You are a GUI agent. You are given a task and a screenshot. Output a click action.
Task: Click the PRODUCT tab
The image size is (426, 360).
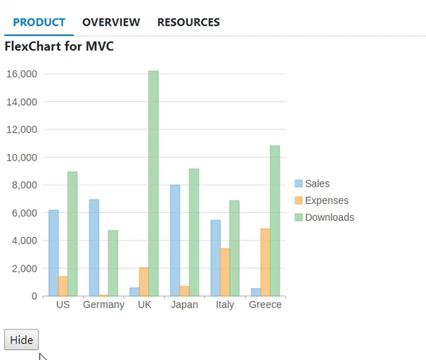tap(39, 23)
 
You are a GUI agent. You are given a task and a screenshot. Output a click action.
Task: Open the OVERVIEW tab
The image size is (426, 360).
tap(111, 23)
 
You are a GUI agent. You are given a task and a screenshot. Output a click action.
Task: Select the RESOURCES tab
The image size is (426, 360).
tap(188, 23)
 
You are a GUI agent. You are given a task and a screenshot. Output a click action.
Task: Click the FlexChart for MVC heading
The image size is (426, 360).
tap(59, 47)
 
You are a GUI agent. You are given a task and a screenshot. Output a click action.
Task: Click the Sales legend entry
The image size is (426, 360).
tap(317, 184)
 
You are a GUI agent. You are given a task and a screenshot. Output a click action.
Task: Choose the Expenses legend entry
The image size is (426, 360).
tap(326, 201)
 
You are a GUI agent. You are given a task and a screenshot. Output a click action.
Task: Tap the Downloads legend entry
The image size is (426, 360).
tap(329, 217)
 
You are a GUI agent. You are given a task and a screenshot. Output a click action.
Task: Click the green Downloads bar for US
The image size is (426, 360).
tap(72, 234)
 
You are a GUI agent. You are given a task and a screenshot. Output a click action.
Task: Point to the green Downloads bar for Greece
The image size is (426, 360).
tap(275, 221)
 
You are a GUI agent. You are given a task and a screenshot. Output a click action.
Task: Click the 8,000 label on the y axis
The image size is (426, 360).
tap(23, 185)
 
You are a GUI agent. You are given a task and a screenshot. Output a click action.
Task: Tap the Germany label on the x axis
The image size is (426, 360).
tap(104, 305)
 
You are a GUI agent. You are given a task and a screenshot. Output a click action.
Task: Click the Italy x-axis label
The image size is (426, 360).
tap(225, 305)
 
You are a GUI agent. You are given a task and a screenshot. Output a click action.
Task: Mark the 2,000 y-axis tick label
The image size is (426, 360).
tap(23, 268)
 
